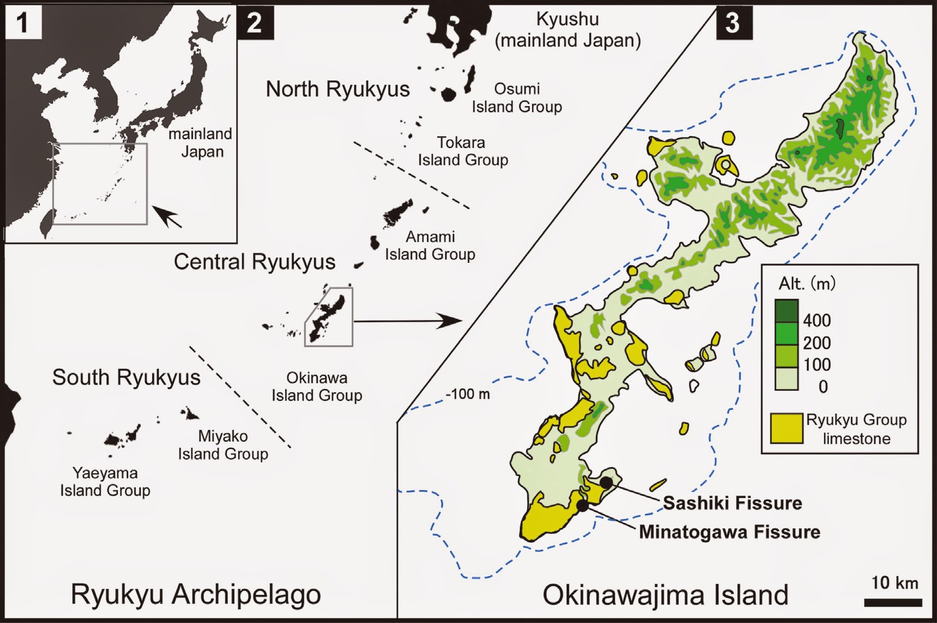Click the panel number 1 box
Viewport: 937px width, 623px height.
click(23, 23)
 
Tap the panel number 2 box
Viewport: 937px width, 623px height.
click(255, 23)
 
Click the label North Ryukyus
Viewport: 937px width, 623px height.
click(337, 90)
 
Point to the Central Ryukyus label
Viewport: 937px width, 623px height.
click(254, 262)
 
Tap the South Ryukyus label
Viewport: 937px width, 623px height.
click(126, 378)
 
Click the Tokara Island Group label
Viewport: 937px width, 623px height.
click(463, 151)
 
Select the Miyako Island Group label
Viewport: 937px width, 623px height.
click(223, 445)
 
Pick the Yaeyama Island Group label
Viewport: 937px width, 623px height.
click(105, 482)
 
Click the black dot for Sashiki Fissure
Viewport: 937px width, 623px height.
click(606, 482)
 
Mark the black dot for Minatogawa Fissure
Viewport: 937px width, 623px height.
click(583, 505)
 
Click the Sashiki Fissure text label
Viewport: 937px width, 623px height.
click(732, 503)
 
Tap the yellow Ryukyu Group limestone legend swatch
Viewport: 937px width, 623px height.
click(787, 429)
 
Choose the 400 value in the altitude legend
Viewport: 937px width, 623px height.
click(816, 321)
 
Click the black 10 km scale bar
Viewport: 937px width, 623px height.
click(892, 603)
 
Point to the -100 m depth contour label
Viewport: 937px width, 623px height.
click(468, 395)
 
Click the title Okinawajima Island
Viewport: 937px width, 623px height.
click(665, 595)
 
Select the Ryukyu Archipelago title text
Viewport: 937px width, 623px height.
click(195, 594)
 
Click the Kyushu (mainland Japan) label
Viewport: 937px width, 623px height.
click(568, 29)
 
